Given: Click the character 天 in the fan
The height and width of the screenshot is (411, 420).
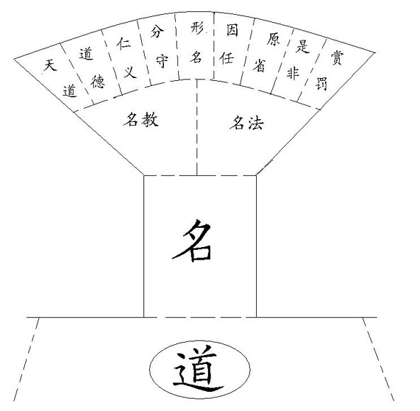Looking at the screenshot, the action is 50,65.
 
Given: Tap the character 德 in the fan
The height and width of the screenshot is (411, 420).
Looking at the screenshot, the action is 97,82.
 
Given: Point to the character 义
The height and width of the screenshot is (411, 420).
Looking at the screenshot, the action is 131,72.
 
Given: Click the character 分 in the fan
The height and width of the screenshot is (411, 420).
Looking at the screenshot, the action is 157,32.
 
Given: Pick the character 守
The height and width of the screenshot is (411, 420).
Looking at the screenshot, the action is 162,61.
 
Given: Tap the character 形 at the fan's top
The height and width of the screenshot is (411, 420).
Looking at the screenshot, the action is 197,28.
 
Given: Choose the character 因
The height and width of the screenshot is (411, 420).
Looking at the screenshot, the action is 232,30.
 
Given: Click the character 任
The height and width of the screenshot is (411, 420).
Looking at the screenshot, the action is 227,58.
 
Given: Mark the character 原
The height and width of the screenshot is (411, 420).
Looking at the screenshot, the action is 273,39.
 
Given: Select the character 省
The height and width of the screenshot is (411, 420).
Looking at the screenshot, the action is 259,65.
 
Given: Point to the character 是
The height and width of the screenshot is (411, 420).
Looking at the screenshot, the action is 303,46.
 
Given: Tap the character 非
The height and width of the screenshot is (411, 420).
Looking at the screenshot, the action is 293,73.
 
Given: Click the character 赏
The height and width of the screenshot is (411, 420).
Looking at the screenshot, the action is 337,58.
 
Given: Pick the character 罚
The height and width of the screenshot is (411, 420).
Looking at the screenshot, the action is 321,84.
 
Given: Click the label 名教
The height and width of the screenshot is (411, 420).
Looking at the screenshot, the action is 141,119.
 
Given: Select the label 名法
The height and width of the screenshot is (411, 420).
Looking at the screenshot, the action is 247,123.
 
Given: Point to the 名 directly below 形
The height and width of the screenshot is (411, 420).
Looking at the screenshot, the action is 197,57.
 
